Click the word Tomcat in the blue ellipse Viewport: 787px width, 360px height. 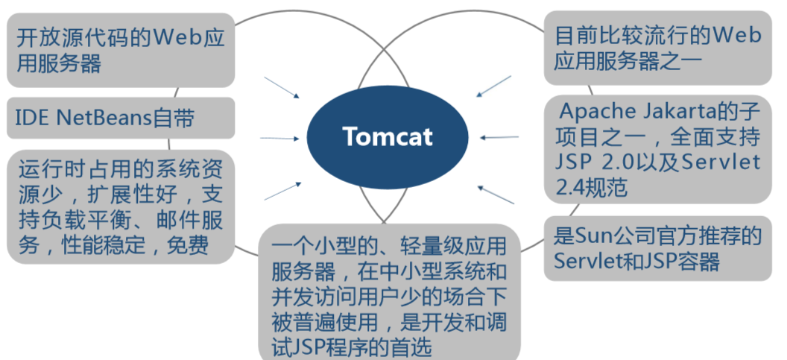pyautogui.click(x=388, y=137)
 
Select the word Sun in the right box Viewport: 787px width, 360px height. pyautogui.click(x=593, y=237)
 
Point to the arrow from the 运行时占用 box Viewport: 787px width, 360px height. pyautogui.click(x=282, y=190)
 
